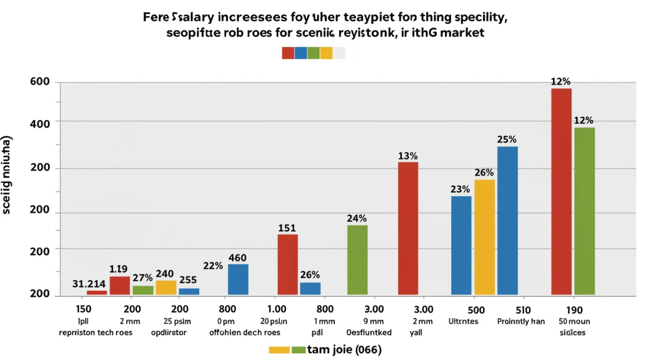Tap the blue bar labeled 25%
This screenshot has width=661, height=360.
(x=507, y=220)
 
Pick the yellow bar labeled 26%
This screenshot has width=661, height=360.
(x=485, y=237)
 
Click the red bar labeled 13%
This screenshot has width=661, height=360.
(x=408, y=228)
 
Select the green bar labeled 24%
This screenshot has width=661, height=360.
(x=357, y=260)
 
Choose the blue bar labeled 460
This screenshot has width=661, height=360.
(x=238, y=279)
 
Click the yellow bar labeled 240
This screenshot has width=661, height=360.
(x=166, y=287)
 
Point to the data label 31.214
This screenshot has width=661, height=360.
(x=89, y=284)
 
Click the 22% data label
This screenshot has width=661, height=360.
(x=213, y=266)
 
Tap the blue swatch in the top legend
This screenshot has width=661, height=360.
(x=301, y=53)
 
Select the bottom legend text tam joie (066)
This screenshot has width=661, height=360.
(x=344, y=350)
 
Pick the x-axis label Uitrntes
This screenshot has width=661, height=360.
(x=463, y=321)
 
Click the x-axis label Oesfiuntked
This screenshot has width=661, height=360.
(x=369, y=332)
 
